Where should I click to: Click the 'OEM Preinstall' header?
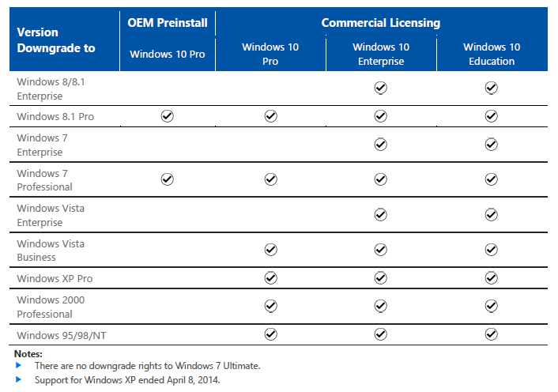(168, 23)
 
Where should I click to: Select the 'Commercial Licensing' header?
(381, 23)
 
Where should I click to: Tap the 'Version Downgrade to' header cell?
(55, 40)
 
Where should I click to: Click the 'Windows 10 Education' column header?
(492, 54)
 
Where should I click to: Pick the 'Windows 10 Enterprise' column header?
(380, 54)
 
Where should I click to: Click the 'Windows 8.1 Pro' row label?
(55, 117)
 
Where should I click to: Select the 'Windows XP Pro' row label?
(55, 278)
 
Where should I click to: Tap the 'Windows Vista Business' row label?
(51, 250)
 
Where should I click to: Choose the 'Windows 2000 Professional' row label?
(51, 307)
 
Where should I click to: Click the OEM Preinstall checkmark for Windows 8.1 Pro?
(167, 116)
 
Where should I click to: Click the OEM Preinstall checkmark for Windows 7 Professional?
(167, 179)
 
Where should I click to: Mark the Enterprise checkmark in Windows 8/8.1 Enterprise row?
(380, 88)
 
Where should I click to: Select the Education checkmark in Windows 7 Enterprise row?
(492, 144)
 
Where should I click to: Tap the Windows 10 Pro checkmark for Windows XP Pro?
(270, 277)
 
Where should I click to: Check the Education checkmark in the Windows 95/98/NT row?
(492, 334)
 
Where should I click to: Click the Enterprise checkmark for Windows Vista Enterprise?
(380, 214)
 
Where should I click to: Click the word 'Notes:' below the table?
(28, 354)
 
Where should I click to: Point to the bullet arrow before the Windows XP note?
(19, 379)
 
